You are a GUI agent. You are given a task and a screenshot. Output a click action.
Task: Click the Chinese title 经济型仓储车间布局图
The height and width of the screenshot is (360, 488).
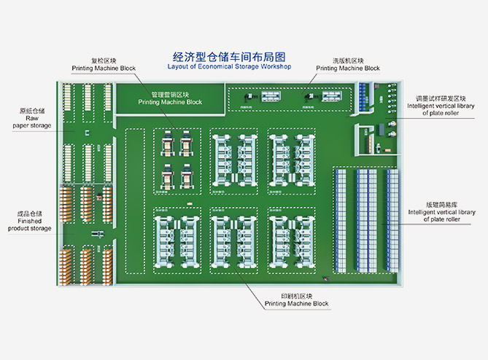(x=228, y=56)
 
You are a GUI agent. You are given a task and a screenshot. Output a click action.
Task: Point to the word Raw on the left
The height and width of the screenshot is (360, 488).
(x=32, y=118)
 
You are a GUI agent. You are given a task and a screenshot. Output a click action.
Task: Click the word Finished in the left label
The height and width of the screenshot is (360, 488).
(x=31, y=221)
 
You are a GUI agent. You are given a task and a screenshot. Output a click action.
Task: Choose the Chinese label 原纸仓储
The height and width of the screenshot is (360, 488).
(x=32, y=111)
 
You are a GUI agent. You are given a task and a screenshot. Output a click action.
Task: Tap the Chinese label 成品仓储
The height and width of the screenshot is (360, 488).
(x=30, y=214)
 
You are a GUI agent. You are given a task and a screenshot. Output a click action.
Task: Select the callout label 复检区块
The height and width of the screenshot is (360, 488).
(x=103, y=60)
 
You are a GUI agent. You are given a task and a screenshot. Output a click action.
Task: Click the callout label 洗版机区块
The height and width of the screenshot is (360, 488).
(x=347, y=60)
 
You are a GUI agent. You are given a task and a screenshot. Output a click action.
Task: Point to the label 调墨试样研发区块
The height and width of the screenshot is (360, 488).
(x=441, y=98)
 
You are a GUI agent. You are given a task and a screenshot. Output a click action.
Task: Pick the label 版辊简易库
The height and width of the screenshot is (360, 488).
(x=439, y=205)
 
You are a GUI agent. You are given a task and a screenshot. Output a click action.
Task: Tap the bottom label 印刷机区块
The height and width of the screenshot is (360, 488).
(x=296, y=296)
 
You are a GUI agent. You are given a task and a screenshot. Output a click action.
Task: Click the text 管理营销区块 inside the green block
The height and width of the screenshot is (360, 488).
(x=170, y=95)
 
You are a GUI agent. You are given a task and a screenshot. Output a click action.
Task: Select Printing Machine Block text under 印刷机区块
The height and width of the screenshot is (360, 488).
(x=296, y=304)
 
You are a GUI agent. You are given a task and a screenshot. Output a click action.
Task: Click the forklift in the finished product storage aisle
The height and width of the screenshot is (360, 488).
(x=98, y=233)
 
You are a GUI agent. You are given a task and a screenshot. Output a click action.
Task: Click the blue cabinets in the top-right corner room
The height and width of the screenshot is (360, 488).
(x=365, y=95)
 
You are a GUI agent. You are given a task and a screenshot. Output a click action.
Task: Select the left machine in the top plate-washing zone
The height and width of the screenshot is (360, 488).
(x=252, y=99)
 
